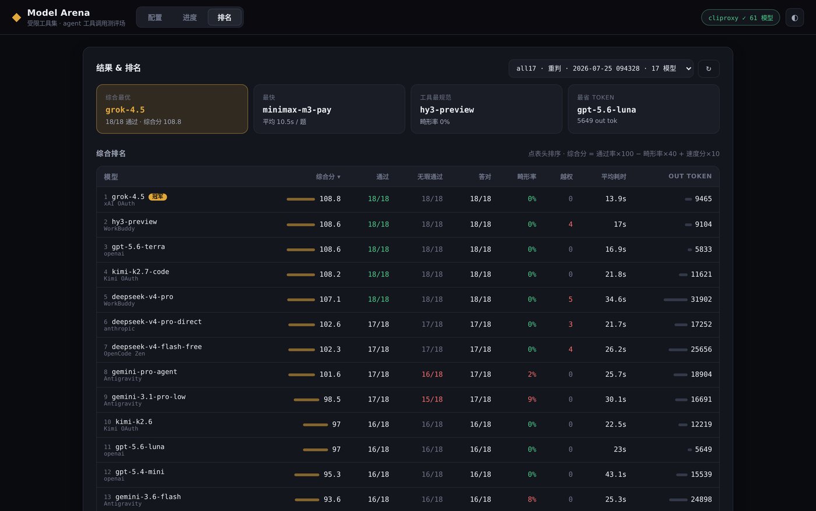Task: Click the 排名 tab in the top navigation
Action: click(x=224, y=17)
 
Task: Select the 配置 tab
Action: click(x=155, y=17)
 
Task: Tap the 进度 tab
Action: click(x=189, y=17)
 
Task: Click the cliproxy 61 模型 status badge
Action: click(x=740, y=17)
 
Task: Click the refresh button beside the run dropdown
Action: click(x=709, y=69)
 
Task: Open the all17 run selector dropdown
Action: click(x=601, y=69)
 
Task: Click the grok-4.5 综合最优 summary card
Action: click(x=172, y=109)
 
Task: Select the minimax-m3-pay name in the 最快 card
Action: click(x=297, y=110)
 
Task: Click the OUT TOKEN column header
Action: click(x=690, y=177)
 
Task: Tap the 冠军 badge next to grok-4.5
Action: click(x=158, y=197)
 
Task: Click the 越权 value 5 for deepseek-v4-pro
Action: click(x=571, y=299)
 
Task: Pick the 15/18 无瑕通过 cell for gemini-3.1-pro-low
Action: click(x=432, y=399)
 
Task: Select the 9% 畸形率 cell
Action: click(x=532, y=399)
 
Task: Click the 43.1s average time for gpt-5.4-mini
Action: click(x=615, y=474)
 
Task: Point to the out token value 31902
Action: click(x=701, y=299)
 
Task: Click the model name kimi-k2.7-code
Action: click(x=140, y=272)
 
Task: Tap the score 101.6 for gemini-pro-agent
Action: click(x=330, y=375)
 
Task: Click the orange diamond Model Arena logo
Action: click(x=16, y=17)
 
